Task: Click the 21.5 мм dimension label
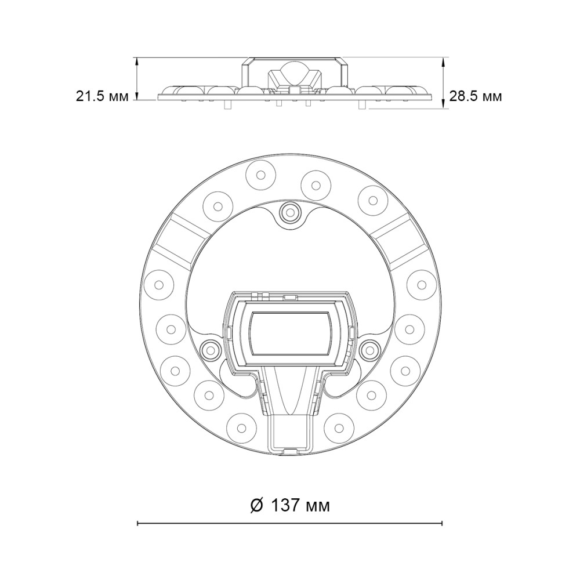pyautogui.click(x=103, y=96)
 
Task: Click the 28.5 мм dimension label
pyautogui.click(x=476, y=96)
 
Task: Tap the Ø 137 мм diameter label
pyautogui.click(x=290, y=505)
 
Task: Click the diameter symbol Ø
pyautogui.click(x=257, y=505)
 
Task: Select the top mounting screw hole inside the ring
pyautogui.click(x=290, y=212)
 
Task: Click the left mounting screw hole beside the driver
pyautogui.click(x=209, y=349)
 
